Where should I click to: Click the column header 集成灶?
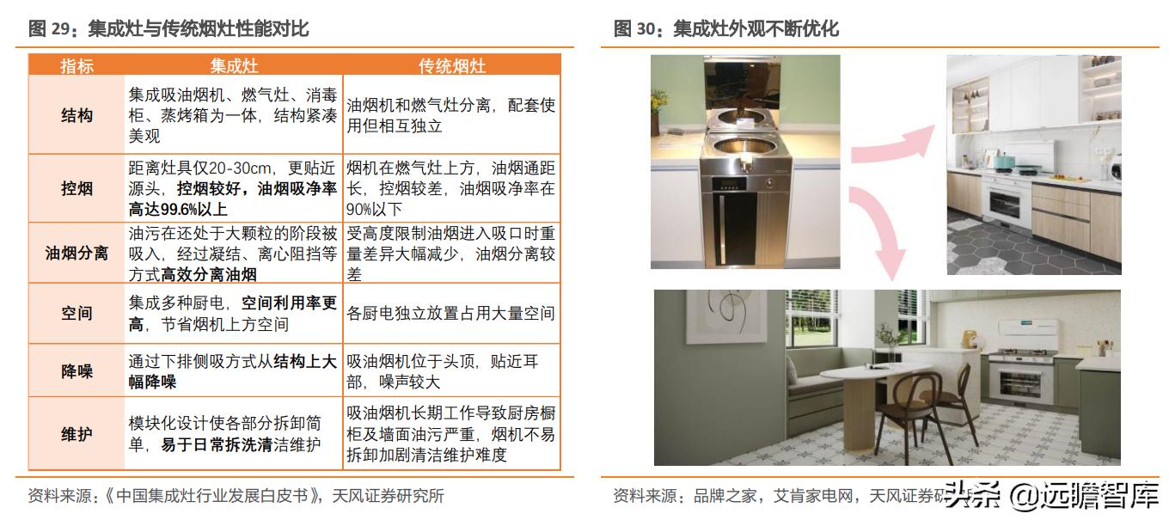[x=234, y=65]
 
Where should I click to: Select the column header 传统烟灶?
[x=451, y=65]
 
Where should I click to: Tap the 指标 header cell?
[x=76, y=65]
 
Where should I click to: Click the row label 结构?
[x=76, y=115]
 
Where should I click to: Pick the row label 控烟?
[x=76, y=189]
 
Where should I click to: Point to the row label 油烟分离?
[x=76, y=254]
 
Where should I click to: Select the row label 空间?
[x=76, y=314]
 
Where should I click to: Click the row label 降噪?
[x=76, y=371]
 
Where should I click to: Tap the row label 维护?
[x=76, y=434]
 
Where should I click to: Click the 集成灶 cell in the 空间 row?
[x=234, y=314]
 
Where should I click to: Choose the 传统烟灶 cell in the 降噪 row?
[x=451, y=371]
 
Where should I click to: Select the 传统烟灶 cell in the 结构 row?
[x=451, y=115]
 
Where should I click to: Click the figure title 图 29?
[x=168, y=29]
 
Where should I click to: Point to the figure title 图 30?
[x=725, y=29]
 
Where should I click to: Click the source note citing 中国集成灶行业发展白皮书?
[x=236, y=496]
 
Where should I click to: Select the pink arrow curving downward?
[x=881, y=228]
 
